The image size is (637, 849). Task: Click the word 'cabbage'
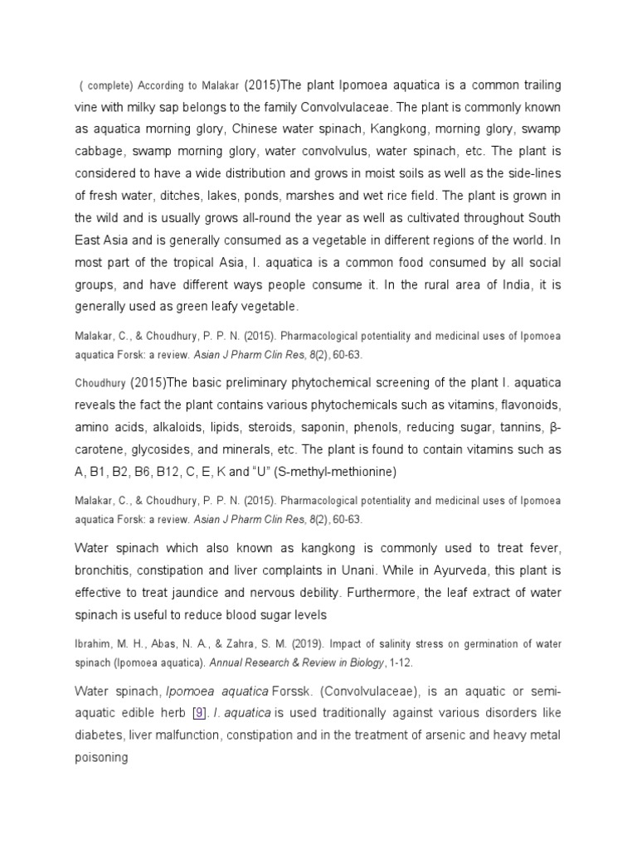click(100, 153)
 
